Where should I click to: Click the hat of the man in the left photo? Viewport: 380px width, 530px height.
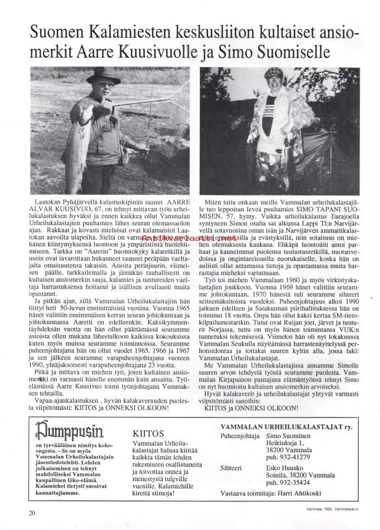(103, 75)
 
